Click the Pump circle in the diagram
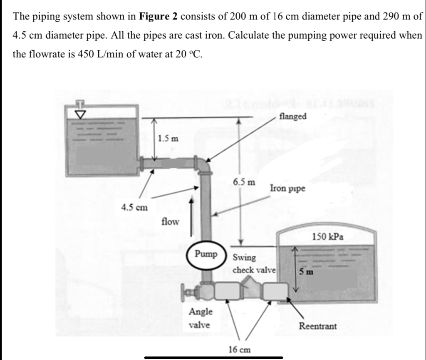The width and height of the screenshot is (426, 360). pos(206,254)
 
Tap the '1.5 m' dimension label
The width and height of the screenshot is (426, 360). pos(168,138)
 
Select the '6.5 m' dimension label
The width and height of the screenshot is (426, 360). pos(244,182)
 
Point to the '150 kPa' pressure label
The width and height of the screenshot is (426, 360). pos(328,237)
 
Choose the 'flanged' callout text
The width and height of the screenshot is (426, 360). pos(293,116)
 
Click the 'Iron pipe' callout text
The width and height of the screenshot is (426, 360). pos(287,188)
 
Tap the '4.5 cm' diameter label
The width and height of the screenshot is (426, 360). pos(134,207)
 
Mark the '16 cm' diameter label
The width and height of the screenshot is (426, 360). pos(240,349)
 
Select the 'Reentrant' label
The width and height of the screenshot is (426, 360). pos(318,326)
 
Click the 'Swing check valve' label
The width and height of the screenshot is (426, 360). pos(254,263)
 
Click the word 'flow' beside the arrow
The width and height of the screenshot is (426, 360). pos(170,221)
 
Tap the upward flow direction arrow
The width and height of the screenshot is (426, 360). pos(191,216)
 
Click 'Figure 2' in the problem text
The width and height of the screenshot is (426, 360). pos(159,17)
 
